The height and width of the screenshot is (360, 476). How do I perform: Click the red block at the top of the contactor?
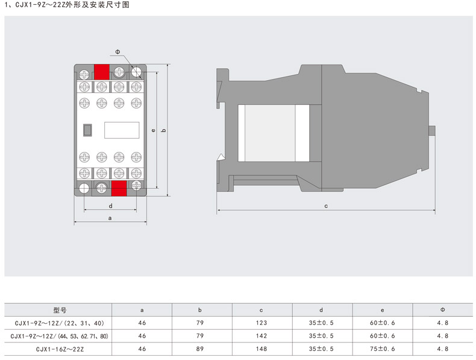[x=101, y=72]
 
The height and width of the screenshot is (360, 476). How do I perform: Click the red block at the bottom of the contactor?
[x=119, y=188]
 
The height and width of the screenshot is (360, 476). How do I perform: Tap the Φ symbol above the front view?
[x=117, y=52]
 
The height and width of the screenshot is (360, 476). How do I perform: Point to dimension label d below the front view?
[x=110, y=206]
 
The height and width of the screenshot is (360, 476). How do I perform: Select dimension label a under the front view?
[x=110, y=218]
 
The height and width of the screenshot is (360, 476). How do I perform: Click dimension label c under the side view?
[x=326, y=206]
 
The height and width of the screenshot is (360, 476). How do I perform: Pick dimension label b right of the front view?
[x=164, y=130]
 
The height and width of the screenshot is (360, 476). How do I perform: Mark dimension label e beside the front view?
[x=154, y=130]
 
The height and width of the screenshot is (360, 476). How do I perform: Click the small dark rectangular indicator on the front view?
[x=87, y=130]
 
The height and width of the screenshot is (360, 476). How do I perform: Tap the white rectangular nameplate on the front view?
[x=122, y=130]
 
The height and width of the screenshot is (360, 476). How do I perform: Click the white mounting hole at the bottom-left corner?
[x=84, y=188]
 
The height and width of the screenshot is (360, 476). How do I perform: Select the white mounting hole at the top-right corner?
[x=136, y=72]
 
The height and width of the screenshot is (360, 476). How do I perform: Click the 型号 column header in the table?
[x=60, y=310]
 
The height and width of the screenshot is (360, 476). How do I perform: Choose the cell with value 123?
[x=261, y=323]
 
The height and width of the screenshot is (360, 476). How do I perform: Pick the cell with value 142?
[x=261, y=336]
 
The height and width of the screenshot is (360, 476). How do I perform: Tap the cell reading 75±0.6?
[x=382, y=349]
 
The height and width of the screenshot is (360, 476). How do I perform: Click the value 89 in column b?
[x=200, y=349]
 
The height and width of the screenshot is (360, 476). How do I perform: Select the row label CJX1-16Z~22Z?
[x=60, y=349]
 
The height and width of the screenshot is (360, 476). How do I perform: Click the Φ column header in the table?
[x=443, y=310]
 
